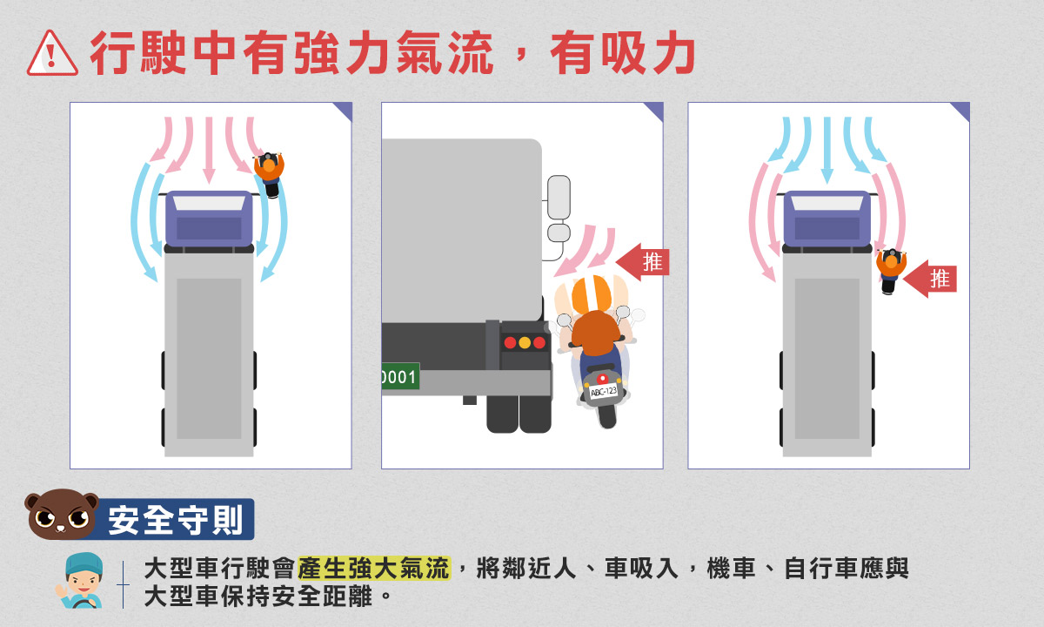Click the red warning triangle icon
click(52, 54)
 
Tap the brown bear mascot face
click(61, 514)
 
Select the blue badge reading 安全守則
click(175, 519)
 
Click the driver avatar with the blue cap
click(80, 580)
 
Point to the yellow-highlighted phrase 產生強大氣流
click(374, 568)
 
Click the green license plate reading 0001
click(400, 376)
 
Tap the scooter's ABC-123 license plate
click(604, 391)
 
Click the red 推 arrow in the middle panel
click(643, 262)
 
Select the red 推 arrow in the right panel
click(930, 279)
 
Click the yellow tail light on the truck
click(525, 343)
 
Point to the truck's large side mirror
click(559, 197)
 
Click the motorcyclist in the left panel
click(270, 173)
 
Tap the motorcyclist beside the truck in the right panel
click(891, 271)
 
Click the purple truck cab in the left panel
click(209, 219)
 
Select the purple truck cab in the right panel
click(826, 219)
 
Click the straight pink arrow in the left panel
click(209, 149)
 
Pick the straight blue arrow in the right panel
click(827, 149)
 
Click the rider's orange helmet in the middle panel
click(592, 295)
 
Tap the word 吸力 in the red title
click(648, 53)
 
